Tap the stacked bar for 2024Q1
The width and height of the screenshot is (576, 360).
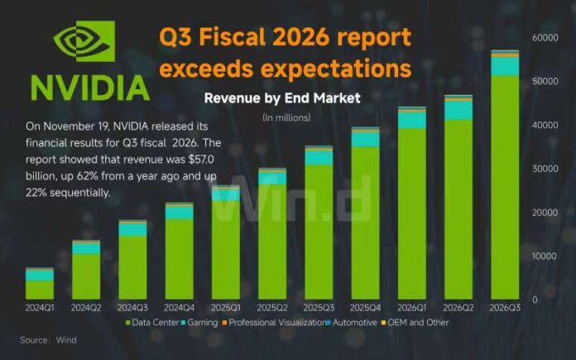pyautogui.click(x=39, y=284)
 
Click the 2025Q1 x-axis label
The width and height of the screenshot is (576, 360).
pyautogui.click(x=225, y=307)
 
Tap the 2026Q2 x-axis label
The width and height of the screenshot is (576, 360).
pyautogui.click(x=458, y=307)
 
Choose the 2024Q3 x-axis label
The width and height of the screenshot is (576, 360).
pyautogui.click(x=132, y=307)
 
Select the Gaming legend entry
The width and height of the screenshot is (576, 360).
pyautogui.click(x=201, y=322)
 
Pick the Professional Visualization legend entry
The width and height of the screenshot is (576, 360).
pyautogui.click(x=275, y=322)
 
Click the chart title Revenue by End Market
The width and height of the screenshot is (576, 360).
pyautogui.click(x=282, y=98)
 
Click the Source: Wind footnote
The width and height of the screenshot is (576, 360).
pyautogui.click(x=46, y=339)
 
